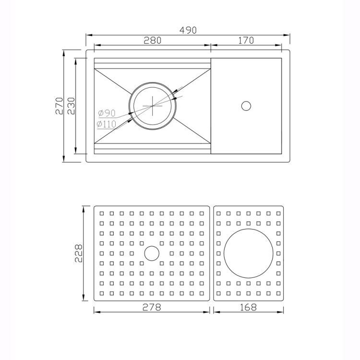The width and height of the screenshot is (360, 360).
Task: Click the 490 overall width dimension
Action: click(x=188, y=30)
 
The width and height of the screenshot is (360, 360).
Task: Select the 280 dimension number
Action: click(x=153, y=40)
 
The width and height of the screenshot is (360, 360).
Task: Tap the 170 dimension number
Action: click(x=246, y=40)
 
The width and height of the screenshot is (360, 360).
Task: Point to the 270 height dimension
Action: click(x=59, y=106)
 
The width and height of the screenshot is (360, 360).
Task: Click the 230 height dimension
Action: click(x=72, y=106)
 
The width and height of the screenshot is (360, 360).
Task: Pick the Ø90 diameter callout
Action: click(x=107, y=113)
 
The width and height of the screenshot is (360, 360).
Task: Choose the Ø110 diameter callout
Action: click(x=106, y=124)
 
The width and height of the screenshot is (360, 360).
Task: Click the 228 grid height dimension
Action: click(x=79, y=253)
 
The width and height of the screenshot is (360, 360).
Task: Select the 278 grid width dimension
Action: click(x=152, y=307)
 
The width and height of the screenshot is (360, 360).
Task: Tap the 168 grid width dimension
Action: click(x=248, y=307)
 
